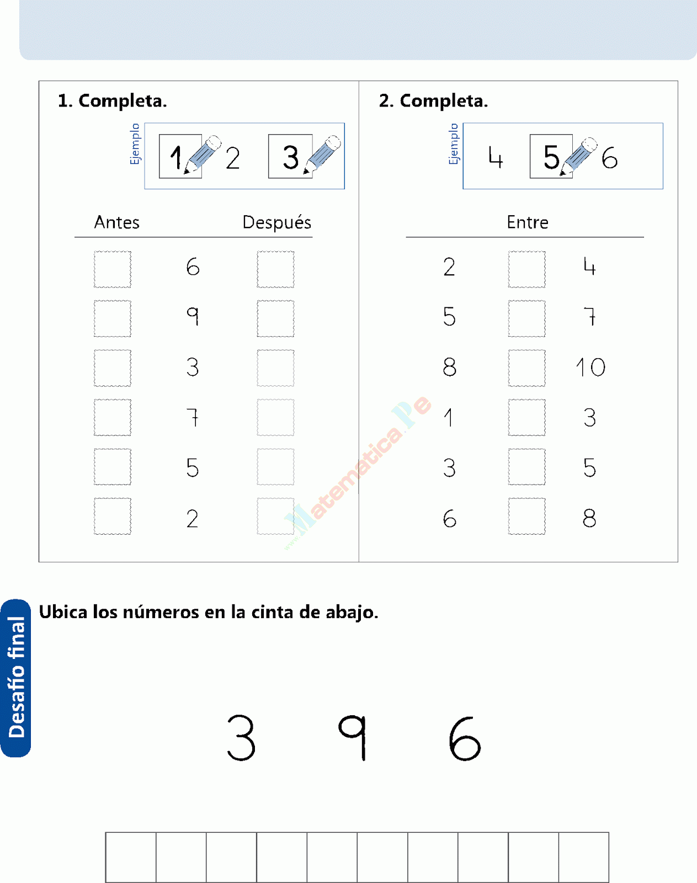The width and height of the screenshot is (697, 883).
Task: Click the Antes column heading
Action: (116, 222)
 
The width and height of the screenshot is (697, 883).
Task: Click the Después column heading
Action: (276, 222)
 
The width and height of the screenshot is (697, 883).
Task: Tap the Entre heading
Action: (527, 222)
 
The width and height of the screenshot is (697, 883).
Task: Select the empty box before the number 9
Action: (113, 318)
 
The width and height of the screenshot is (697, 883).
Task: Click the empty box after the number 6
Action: (275, 269)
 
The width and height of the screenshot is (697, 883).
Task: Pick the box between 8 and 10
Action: (526, 368)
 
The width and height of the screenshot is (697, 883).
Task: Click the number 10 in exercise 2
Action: (590, 368)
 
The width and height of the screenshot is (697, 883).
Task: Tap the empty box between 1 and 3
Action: (526, 418)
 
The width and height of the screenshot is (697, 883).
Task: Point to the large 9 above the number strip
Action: (353, 737)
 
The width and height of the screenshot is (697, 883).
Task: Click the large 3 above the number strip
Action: (241, 737)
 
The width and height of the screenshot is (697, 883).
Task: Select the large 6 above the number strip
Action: (465, 738)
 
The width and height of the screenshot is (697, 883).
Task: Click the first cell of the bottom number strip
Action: (131, 857)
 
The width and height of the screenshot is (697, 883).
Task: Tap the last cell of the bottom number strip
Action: (583, 857)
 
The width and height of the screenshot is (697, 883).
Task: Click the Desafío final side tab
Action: (16, 678)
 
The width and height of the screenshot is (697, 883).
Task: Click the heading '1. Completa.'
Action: (112, 101)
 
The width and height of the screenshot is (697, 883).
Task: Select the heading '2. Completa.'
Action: (433, 101)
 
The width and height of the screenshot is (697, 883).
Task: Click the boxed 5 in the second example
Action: (551, 157)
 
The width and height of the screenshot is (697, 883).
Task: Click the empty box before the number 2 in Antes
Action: (113, 517)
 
